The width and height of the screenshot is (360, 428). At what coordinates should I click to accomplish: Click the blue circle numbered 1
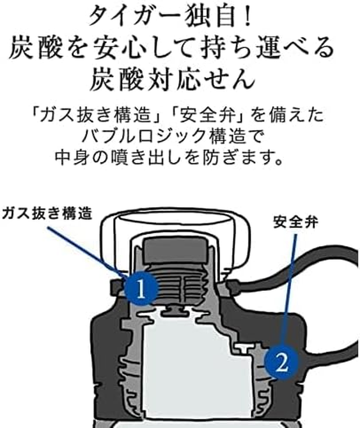(x=140, y=289)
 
